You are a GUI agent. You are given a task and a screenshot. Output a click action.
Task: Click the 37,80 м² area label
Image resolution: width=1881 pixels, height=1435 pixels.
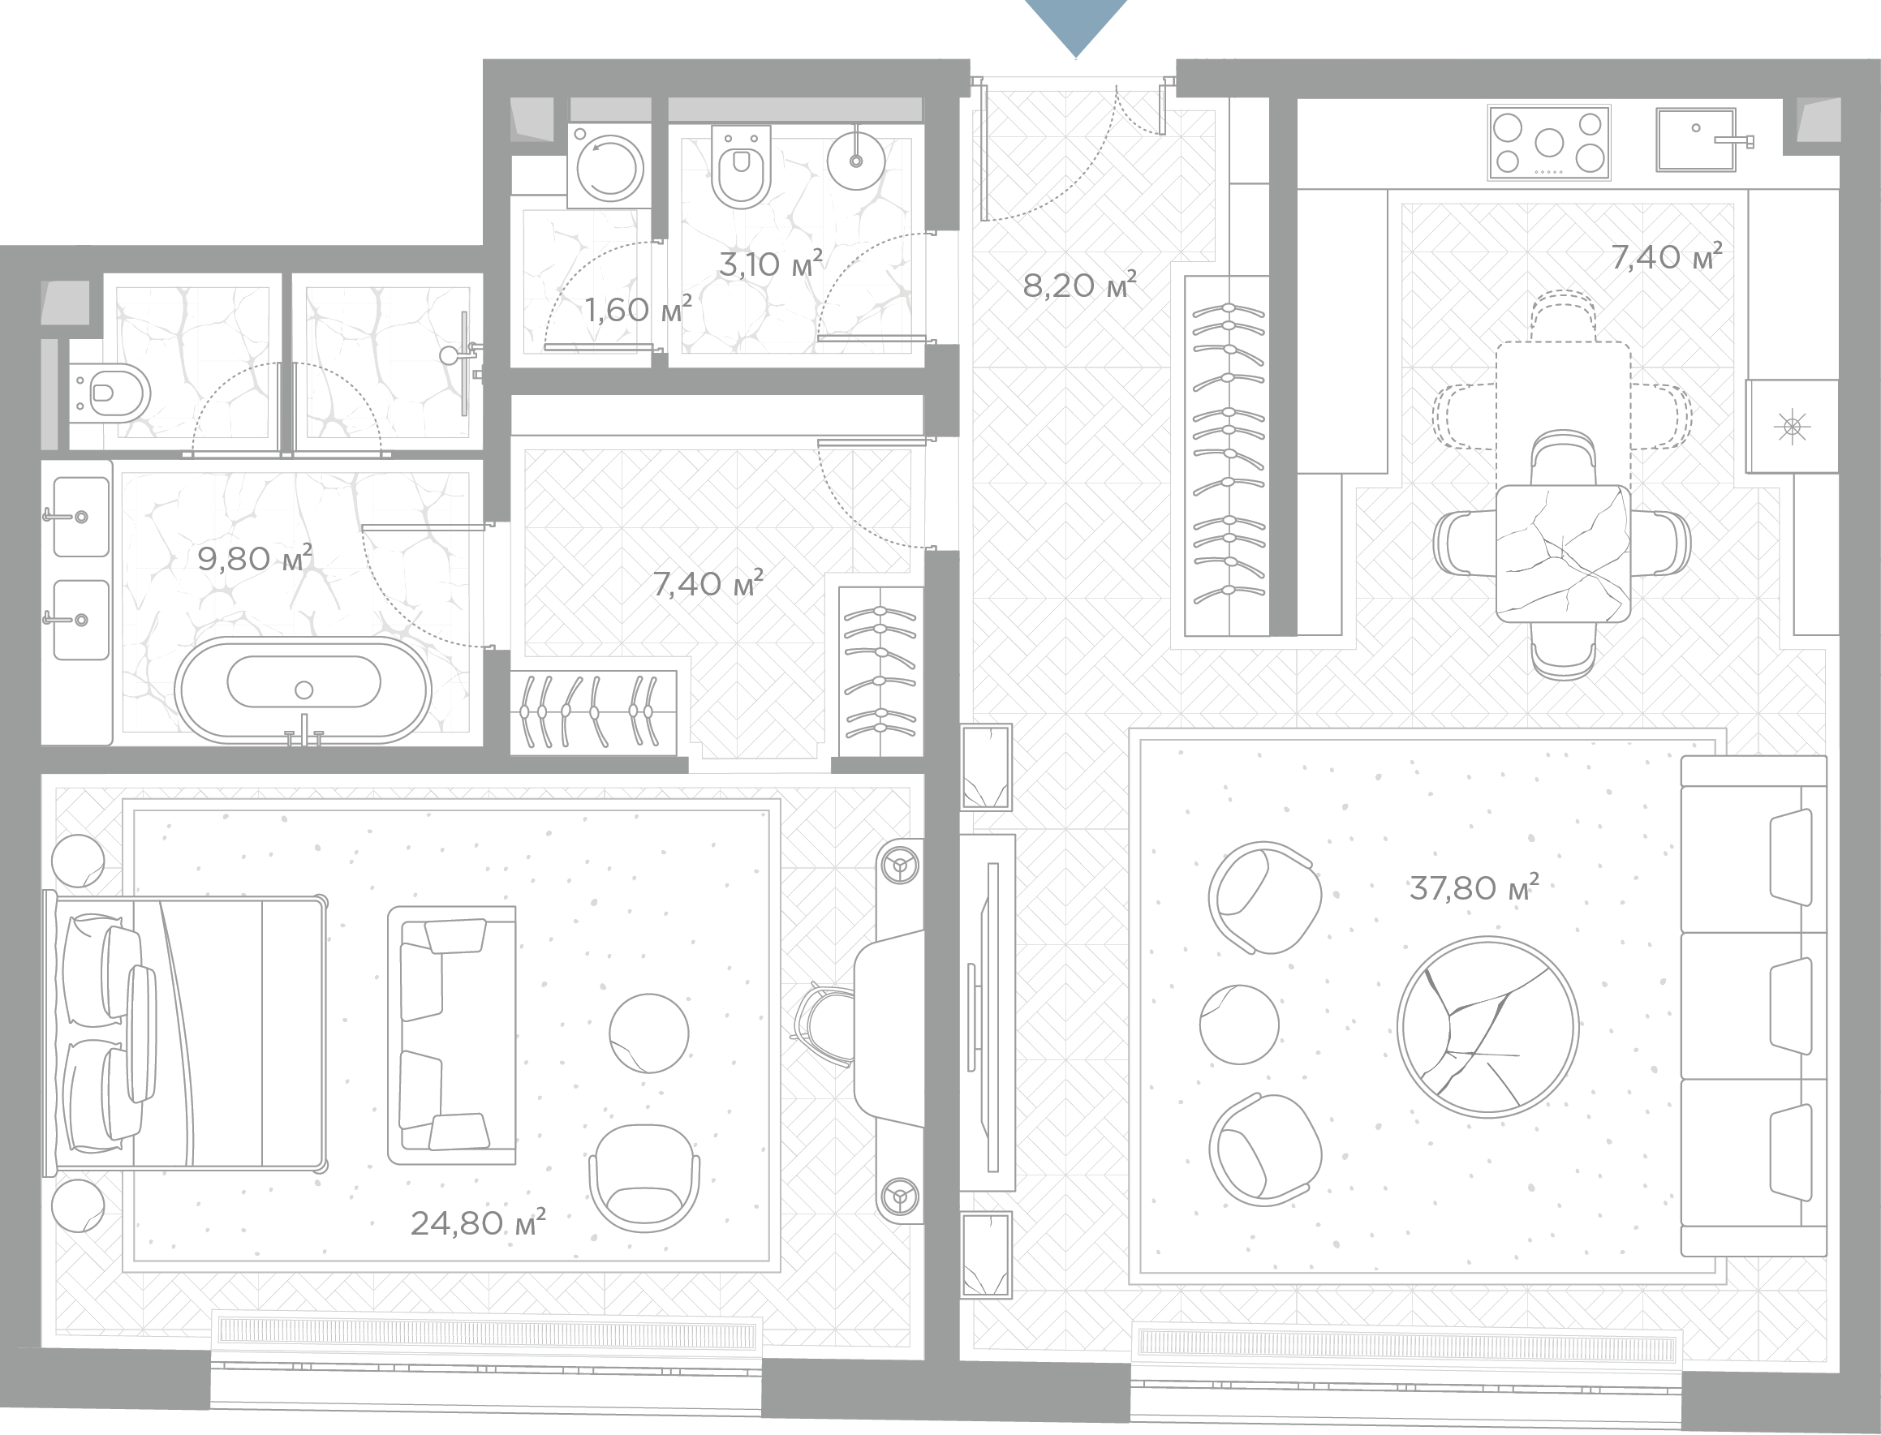click(x=1474, y=887)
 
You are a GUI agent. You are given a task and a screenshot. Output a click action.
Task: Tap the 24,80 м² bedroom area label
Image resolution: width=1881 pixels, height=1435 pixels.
click(x=477, y=1222)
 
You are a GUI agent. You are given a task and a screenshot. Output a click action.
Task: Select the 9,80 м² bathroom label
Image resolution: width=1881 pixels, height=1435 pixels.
click(x=255, y=558)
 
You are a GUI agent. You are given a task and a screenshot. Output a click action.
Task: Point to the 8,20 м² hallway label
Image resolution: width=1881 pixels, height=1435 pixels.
click(x=1080, y=285)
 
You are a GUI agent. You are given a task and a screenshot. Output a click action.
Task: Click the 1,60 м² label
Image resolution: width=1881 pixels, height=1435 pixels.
click(x=638, y=309)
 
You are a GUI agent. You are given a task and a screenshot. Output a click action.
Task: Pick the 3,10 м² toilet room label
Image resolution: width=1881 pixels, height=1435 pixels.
click(x=771, y=263)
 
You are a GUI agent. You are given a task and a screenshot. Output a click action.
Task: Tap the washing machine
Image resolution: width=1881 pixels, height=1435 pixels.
click(x=609, y=165)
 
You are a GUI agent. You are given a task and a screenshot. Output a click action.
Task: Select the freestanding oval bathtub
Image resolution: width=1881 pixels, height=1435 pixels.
click(x=303, y=689)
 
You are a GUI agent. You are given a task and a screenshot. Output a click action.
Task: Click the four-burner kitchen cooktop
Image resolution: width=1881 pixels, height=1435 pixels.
click(x=1549, y=143)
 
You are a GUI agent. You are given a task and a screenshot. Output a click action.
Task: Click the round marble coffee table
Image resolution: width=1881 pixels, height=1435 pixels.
click(x=1487, y=1027)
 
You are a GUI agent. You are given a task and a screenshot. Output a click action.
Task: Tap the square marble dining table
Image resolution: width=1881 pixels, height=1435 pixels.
click(x=1563, y=553)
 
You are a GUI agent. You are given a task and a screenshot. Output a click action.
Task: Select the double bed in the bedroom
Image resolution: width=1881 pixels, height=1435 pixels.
click(x=186, y=1033)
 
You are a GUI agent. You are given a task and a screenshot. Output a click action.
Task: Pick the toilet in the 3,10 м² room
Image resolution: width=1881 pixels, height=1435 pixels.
click(x=741, y=167)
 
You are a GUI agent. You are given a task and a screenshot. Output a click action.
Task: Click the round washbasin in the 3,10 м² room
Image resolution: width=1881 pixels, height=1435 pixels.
click(x=856, y=160)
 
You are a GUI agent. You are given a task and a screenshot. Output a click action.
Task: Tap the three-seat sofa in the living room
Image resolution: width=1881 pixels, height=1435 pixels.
click(x=1754, y=1006)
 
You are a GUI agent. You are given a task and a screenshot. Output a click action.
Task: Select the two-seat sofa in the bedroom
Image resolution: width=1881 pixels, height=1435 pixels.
click(x=451, y=1035)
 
